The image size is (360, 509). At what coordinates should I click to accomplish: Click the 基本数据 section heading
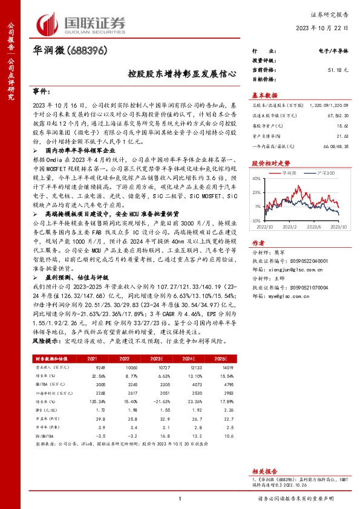(264, 96)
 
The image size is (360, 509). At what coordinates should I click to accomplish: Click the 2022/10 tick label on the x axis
(265, 228)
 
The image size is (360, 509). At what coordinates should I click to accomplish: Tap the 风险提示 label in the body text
(45, 341)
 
